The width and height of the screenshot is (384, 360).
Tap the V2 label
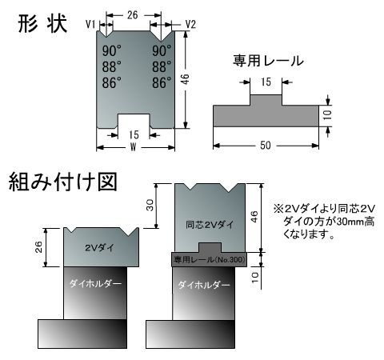click(190, 24)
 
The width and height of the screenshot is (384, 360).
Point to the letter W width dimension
click(134, 146)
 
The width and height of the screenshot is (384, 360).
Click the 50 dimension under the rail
click(266, 145)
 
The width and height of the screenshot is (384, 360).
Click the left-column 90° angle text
click(112, 50)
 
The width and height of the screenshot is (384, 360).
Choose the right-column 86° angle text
click(162, 82)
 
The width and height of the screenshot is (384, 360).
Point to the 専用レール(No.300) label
click(210, 259)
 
